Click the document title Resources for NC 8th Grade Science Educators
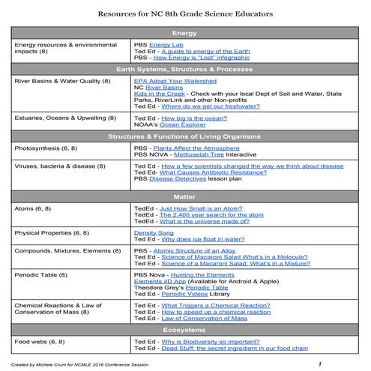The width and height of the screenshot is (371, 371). click(185, 14)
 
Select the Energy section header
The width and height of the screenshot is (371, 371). click(184, 34)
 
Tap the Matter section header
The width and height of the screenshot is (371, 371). click(184, 196)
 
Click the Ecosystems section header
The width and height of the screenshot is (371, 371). click(184, 331)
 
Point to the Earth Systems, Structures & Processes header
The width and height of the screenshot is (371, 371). click(184, 69)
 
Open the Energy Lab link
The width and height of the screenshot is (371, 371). click(166, 45)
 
